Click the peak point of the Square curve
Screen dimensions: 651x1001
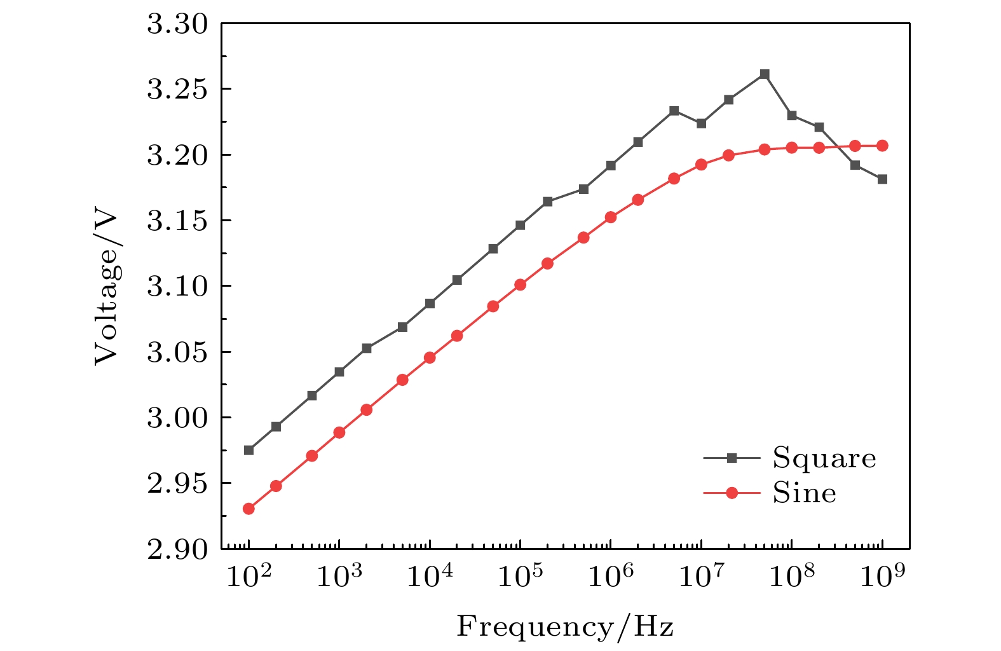pyautogui.click(x=765, y=74)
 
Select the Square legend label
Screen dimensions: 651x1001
pyautogui.click(x=824, y=458)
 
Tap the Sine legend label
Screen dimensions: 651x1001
pyautogui.click(x=804, y=493)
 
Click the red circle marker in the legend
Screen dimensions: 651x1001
pyautogui.click(x=732, y=493)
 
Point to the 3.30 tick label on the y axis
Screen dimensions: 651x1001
pyautogui.click(x=177, y=25)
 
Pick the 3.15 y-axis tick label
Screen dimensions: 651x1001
pyautogui.click(x=177, y=221)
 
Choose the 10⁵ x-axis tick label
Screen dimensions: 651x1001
pyautogui.click(x=519, y=578)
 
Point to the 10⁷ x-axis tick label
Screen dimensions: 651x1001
pyautogui.click(x=700, y=578)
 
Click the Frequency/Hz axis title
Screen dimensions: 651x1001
pyautogui.click(x=565, y=627)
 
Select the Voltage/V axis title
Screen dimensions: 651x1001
pyautogui.click(x=107, y=288)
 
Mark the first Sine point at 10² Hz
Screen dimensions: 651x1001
pyautogui.click(x=249, y=509)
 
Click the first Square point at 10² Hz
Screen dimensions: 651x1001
pyautogui.click(x=249, y=450)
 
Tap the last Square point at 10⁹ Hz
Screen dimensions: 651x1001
pyautogui.click(x=882, y=179)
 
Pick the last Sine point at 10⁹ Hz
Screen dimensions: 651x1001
pyautogui.click(x=882, y=146)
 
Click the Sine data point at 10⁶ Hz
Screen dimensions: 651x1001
pyautogui.click(x=611, y=217)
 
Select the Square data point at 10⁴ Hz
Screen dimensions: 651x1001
pyautogui.click(x=430, y=304)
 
